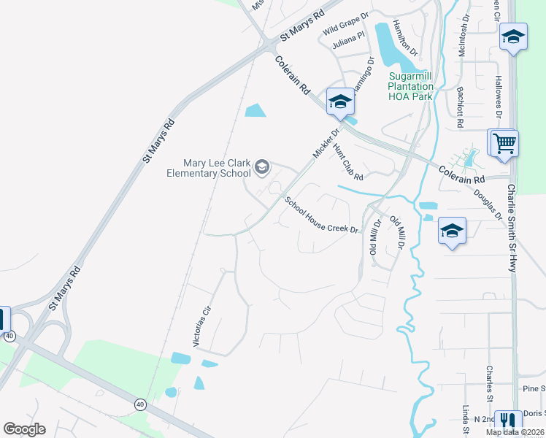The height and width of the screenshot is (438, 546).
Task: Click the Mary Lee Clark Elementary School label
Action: (x=208, y=168)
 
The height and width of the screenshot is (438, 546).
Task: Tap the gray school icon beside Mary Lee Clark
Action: (x=261, y=169)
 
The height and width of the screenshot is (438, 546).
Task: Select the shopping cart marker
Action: (x=504, y=142)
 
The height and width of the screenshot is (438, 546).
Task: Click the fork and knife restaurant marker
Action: (x=507, y=422)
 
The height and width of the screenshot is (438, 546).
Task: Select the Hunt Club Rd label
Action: (x=347, y=161)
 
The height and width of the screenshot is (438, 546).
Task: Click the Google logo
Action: (x=24, y=429)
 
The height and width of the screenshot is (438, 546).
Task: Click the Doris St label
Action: (x=533, y=413)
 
